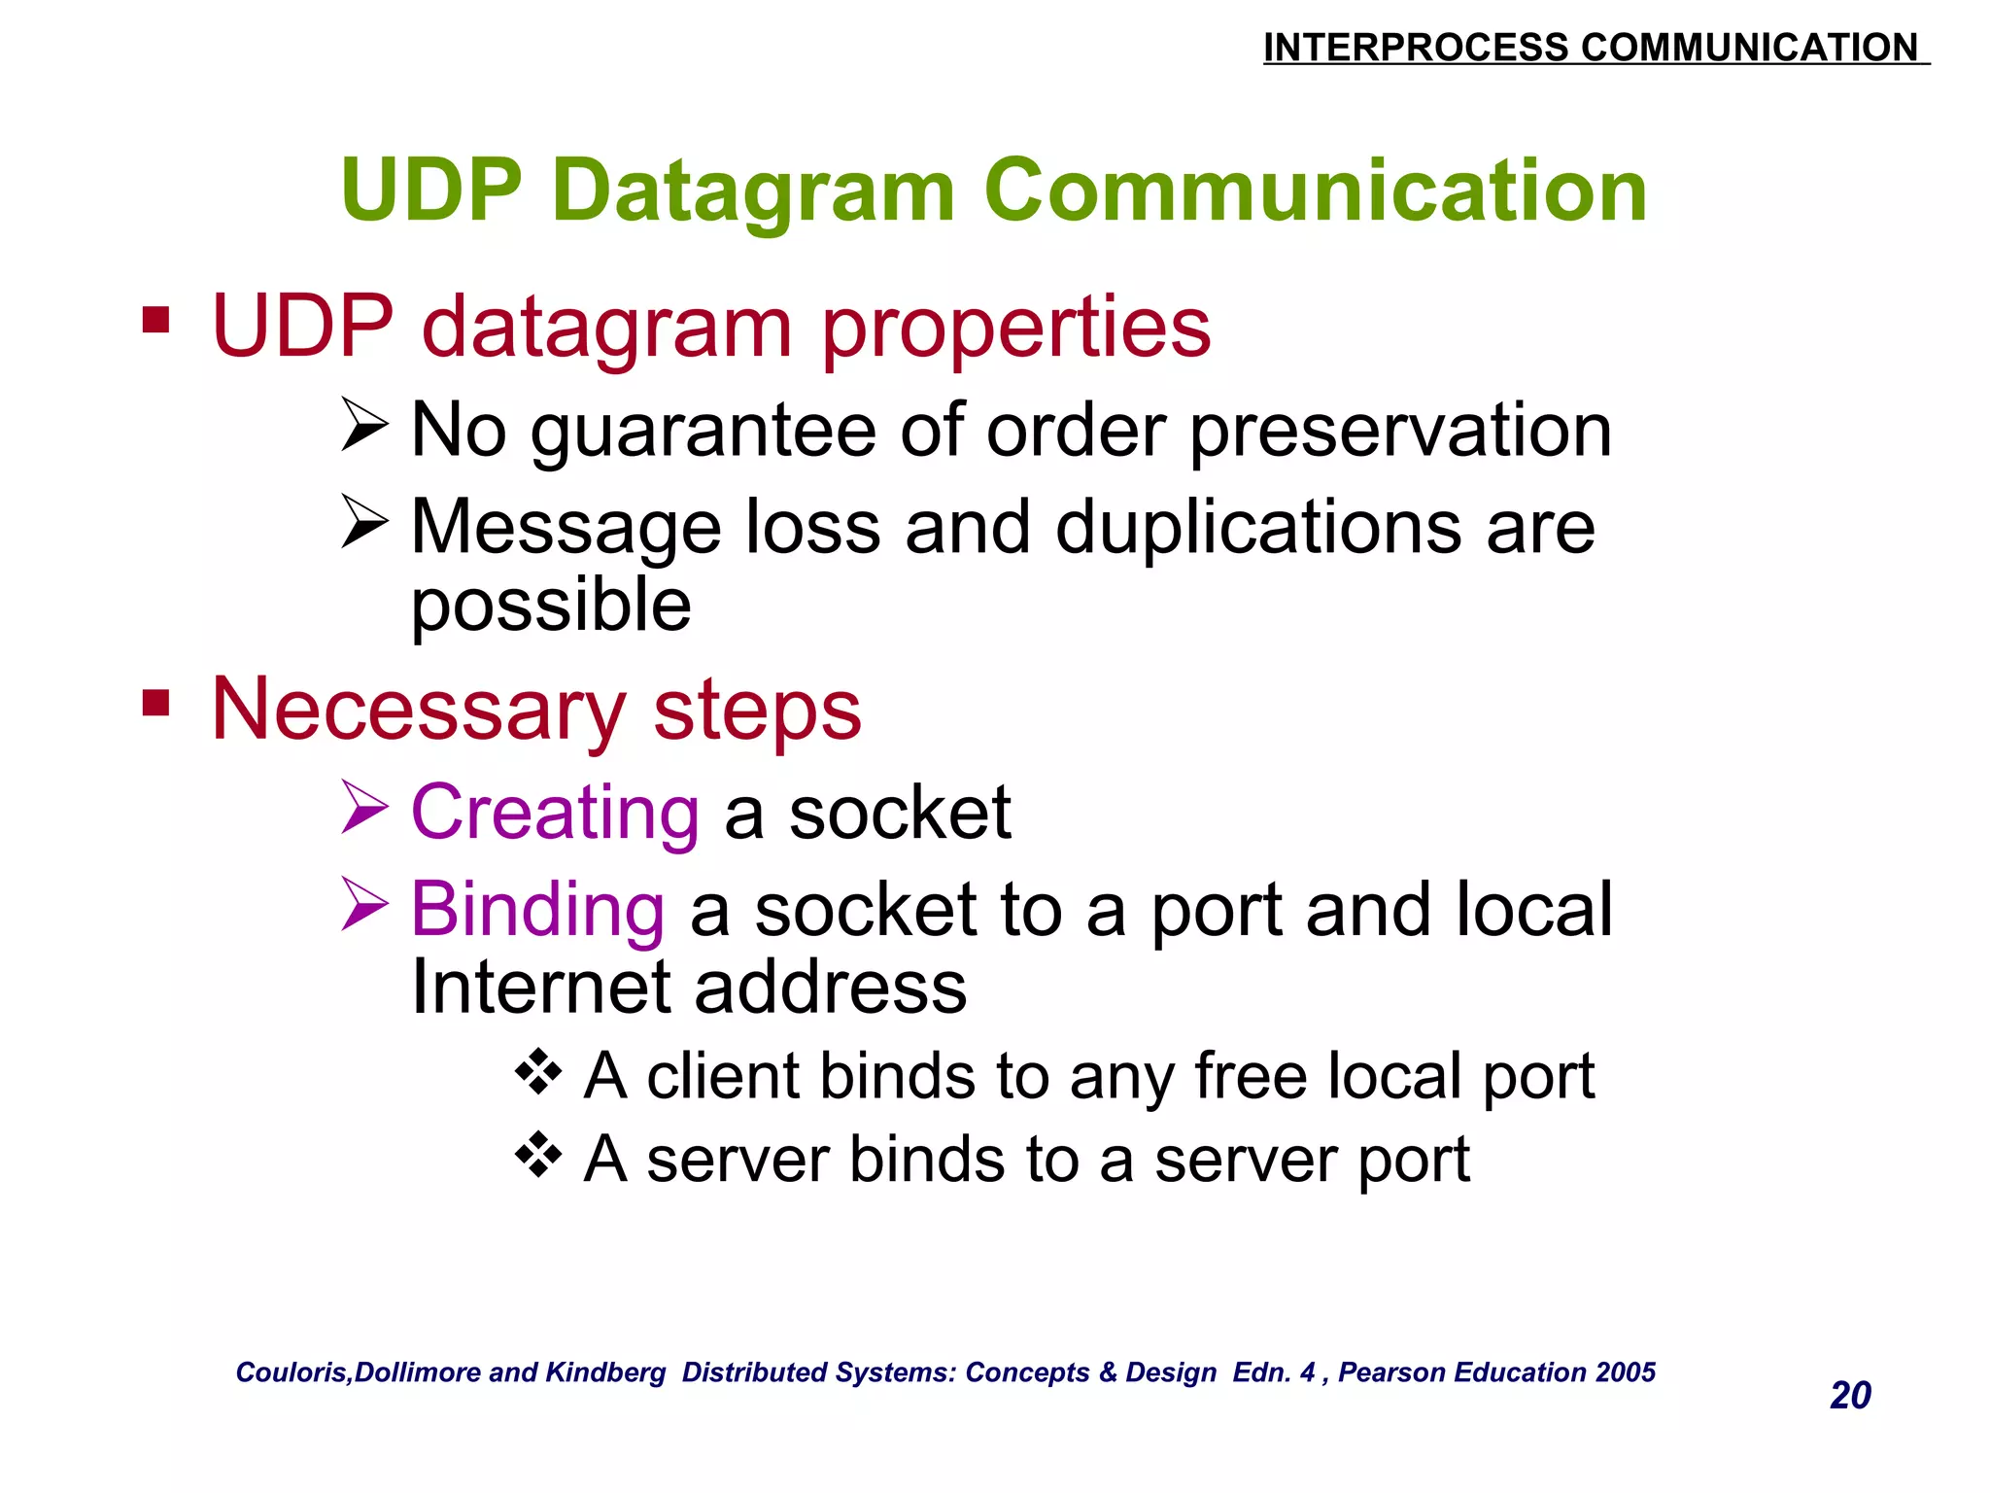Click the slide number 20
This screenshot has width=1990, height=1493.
pos(1849,1395)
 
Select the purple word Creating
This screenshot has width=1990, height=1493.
pos(555,813)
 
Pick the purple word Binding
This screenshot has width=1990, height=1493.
pos(537,910)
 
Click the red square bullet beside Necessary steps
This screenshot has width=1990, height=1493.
pos(155,703)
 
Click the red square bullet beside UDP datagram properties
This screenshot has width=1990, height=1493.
pos(155,320)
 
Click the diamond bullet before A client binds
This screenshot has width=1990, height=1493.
pos(538,1072)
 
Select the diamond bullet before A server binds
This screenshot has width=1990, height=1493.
pos(538,1155)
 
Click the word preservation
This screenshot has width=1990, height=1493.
pos(1400,431)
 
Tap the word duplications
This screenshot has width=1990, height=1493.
pos(1258,528)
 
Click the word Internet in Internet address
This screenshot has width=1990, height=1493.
pos(540,988)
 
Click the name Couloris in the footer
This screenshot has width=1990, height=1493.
pos(292,1372)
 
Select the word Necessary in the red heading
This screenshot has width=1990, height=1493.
pos(419,711)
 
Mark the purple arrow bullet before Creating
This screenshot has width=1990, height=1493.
pos(365,808)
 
